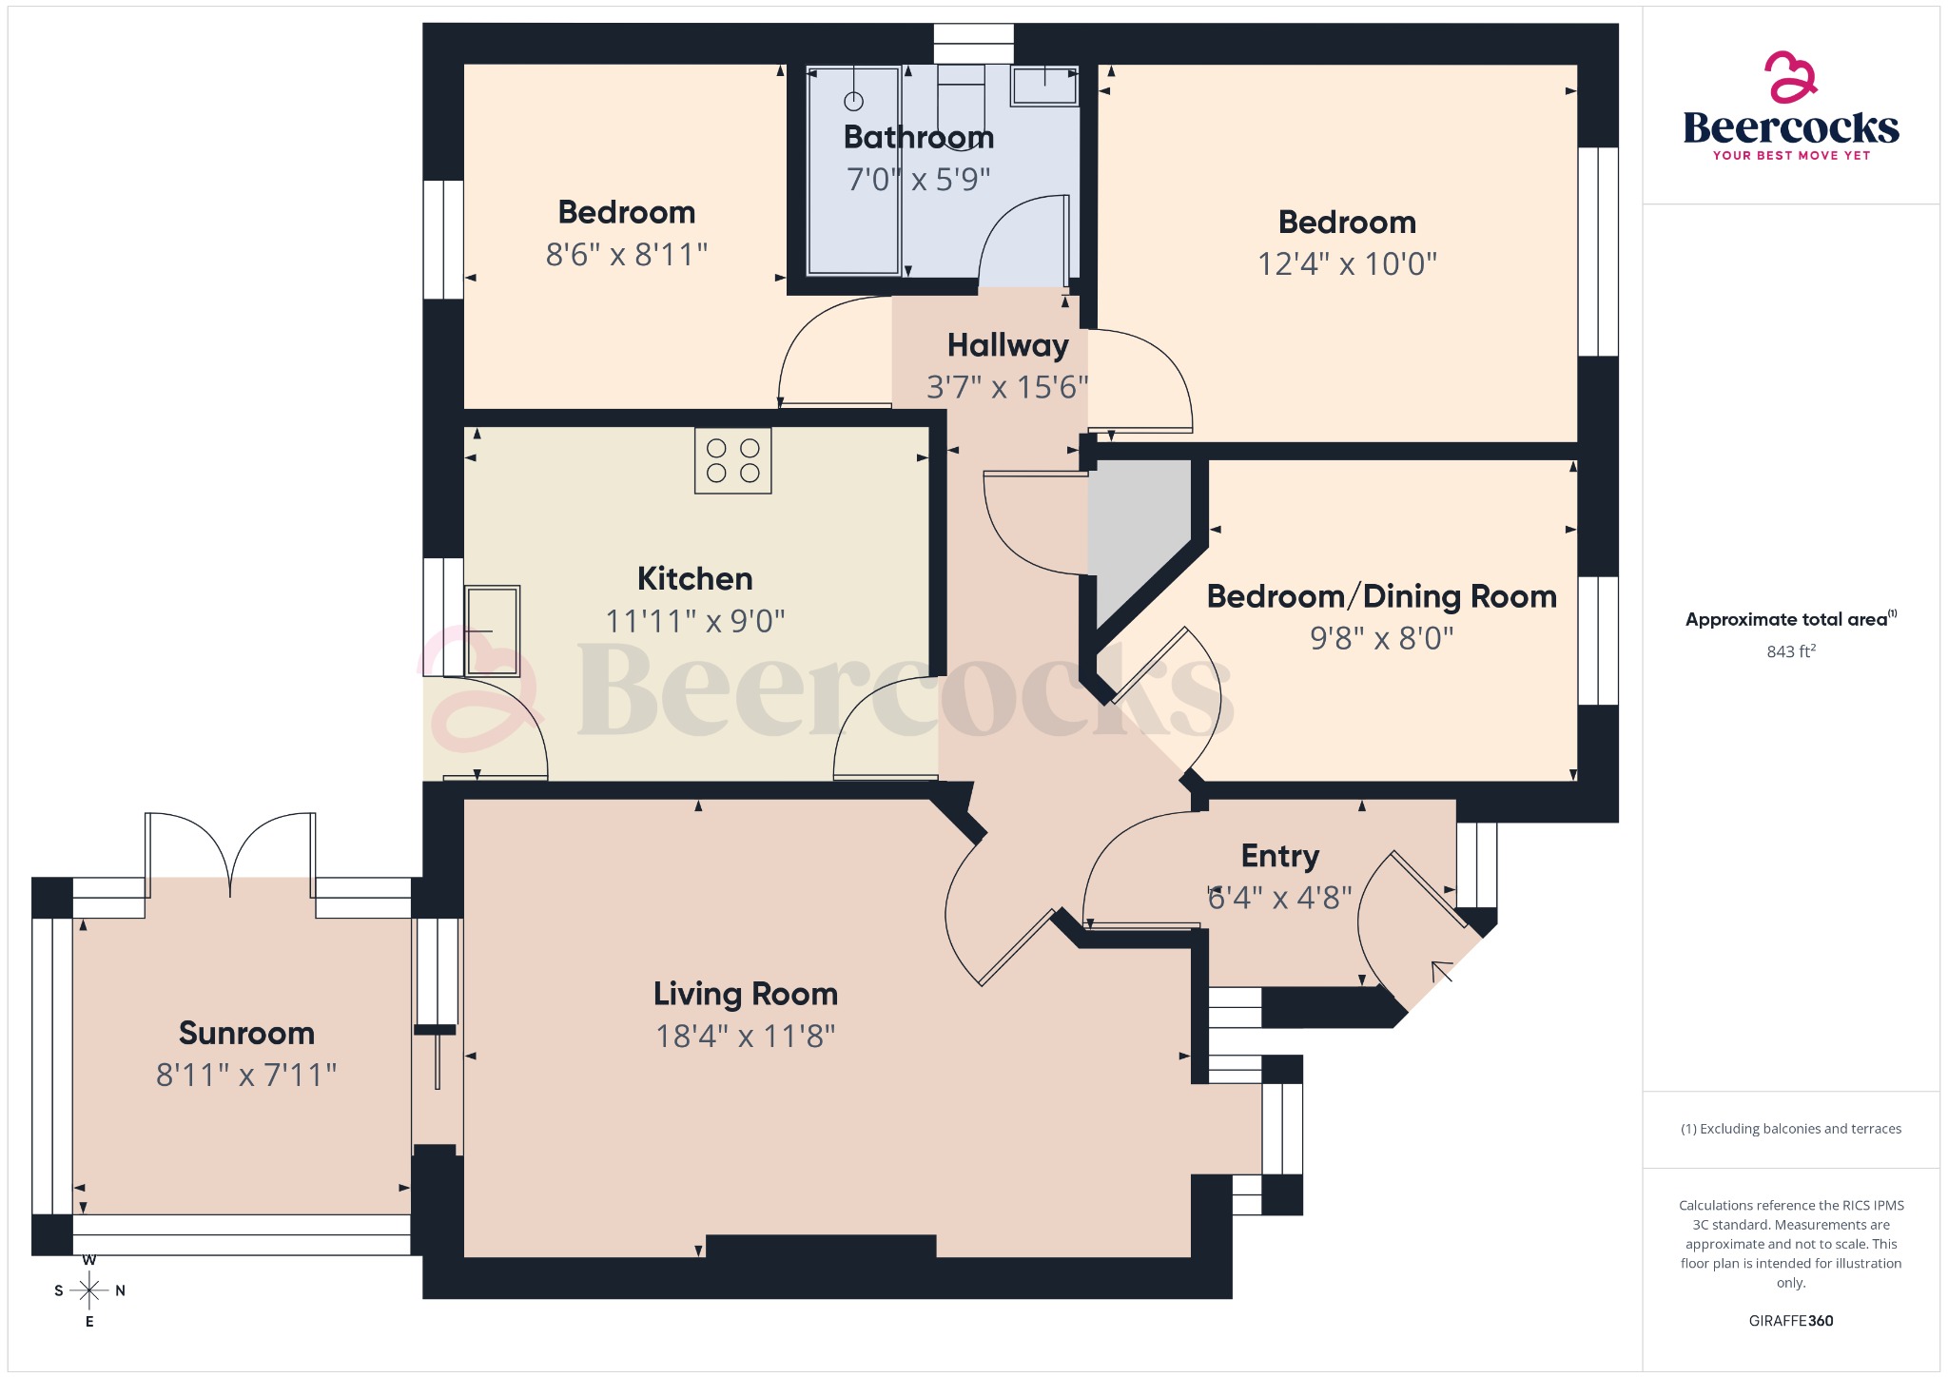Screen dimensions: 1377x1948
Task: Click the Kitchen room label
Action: point(694,578)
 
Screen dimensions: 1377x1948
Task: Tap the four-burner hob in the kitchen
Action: point(732,461)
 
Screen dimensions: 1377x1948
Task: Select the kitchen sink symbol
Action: point(492,630)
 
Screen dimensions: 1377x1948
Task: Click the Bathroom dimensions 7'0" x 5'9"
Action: point(918,179)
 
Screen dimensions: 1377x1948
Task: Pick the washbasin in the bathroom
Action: point(1043,86)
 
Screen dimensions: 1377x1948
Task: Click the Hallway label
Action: point(1007,345)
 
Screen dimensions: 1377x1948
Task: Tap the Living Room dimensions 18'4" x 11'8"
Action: point(745,1036)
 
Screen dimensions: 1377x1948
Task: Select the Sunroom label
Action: point(246,1033)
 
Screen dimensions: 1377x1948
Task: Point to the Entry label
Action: point(1279,856)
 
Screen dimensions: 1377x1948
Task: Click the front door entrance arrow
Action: point(1442,971)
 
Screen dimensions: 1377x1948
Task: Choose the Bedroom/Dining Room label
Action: point(1381,596)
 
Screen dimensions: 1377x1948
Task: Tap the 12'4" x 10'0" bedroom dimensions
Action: point(1347,263)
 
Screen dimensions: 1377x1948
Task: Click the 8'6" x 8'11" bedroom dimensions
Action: point(626,255)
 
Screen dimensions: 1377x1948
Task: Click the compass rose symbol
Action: point(89,1290)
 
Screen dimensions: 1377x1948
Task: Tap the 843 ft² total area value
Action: point(1790,651)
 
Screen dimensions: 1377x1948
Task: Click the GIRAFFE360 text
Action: point(1790,1321)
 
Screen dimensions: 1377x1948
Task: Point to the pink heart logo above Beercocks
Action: point(1790,76)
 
